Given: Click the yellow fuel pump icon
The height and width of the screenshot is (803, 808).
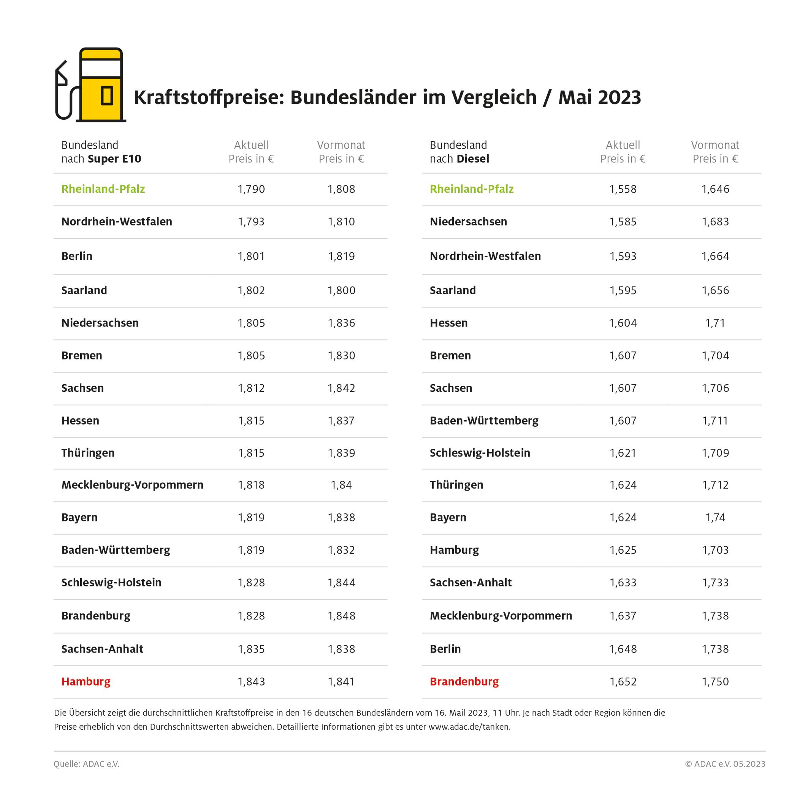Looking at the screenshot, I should [101, 86].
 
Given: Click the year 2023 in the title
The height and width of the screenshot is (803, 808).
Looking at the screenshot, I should [619, 97].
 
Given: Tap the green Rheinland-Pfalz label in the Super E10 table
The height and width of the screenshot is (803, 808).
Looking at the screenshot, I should [103, 189].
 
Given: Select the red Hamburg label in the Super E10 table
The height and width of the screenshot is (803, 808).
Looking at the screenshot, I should [86, 681].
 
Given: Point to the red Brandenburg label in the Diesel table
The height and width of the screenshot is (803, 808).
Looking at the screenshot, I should [464, 681].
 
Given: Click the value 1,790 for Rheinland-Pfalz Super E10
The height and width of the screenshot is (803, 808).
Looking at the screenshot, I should [251, 189].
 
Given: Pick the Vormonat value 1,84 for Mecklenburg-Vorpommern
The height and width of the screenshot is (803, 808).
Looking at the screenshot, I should [341, 485].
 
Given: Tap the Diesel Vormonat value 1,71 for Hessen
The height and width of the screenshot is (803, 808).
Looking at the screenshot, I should [715, 323].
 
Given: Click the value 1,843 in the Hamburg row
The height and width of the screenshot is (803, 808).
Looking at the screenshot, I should [251, 681].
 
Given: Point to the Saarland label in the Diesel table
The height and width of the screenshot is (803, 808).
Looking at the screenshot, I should [453, 290].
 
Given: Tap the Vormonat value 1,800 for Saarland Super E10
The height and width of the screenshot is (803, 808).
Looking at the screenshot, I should [341, 290].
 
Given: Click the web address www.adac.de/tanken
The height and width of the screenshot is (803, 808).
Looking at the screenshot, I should [469, 727].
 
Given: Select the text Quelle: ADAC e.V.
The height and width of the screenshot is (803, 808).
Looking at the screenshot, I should [86, 764].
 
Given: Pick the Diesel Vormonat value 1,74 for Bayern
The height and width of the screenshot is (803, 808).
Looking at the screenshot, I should [715, 517].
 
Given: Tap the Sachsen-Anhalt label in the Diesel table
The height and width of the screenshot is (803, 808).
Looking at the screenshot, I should [471, 582].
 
